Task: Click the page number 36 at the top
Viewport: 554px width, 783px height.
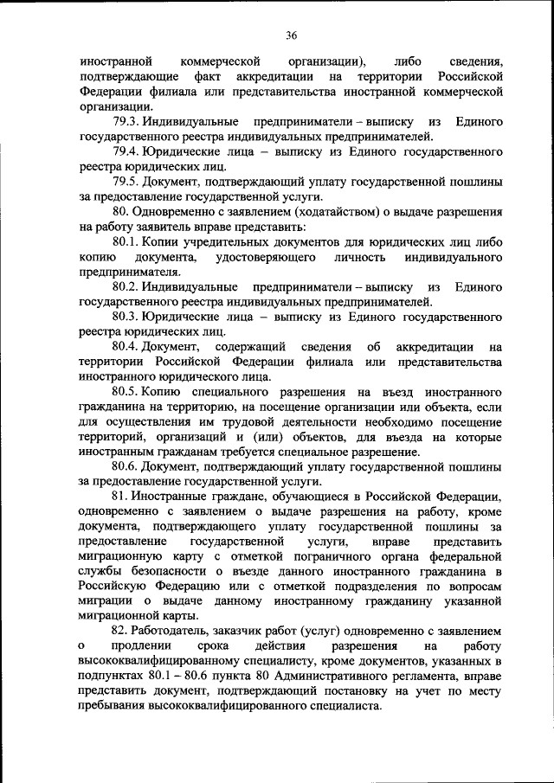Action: [292, 35]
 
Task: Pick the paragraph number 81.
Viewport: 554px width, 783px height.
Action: [120, 497]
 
